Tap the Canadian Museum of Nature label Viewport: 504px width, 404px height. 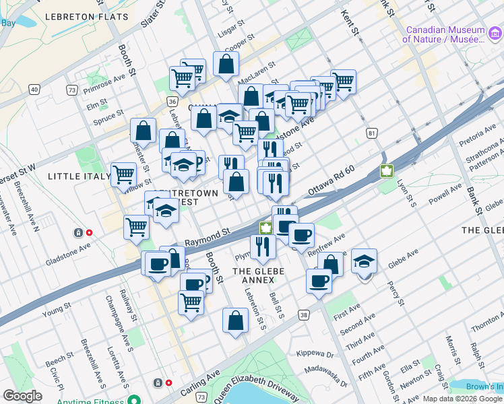[x=444, y=35]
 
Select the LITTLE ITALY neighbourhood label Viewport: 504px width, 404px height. [x=79, y=176]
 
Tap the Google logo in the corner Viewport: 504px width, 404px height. [x=22, y=396]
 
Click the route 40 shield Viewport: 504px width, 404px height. [x=33, y=89]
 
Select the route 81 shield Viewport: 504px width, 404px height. [x=372, y=133]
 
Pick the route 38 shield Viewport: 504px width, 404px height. [x=304, y=314]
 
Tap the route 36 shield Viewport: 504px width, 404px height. [x=172, y=102]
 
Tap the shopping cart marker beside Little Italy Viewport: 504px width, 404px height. [x=123, y=174]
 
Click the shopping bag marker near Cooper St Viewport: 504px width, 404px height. [x=226, y=63]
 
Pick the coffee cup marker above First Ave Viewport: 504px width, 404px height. [x=319, y=279]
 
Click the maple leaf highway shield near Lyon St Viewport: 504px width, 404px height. [x=387, y=171]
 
